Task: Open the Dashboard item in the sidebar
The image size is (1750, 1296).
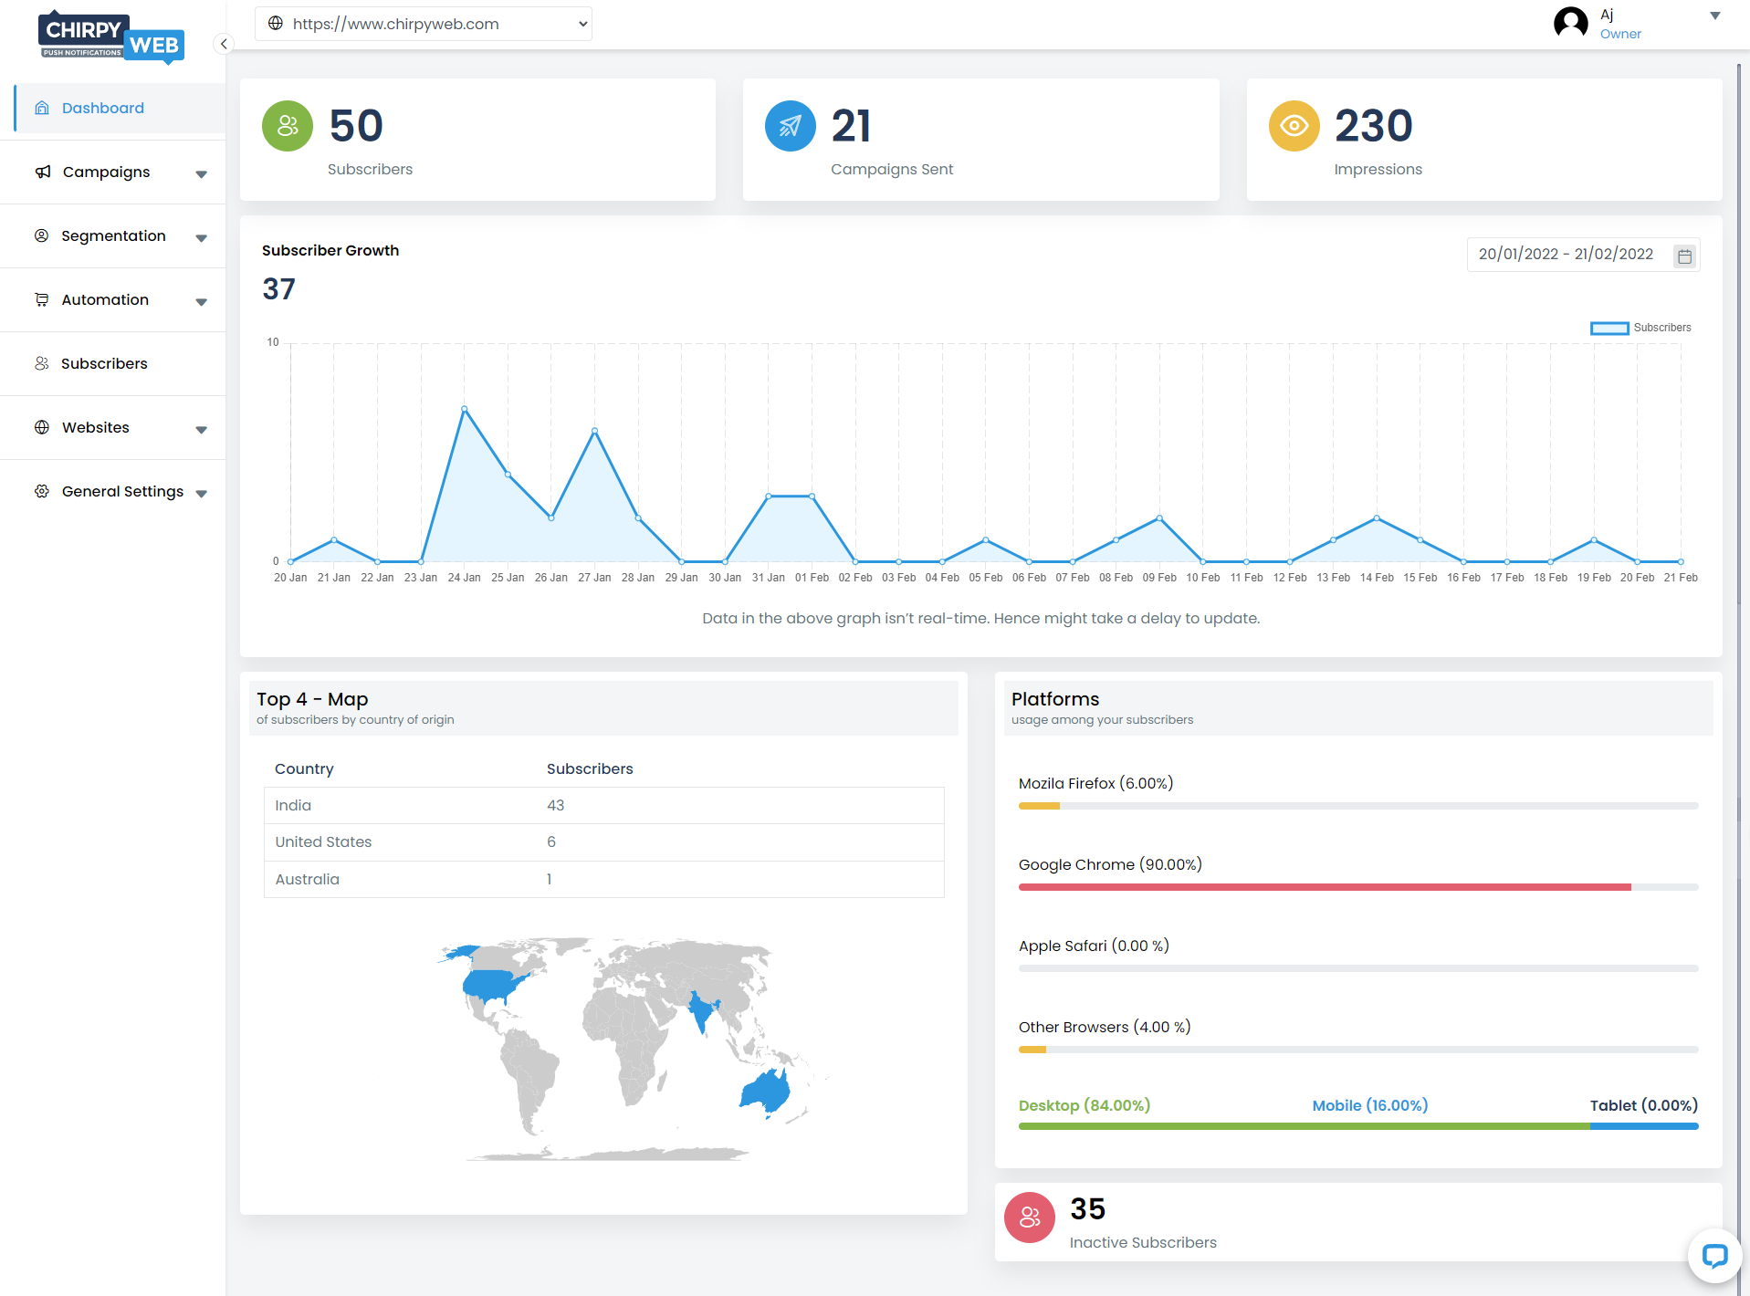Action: point(102,108)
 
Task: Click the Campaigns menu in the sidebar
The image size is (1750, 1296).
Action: point(106,172)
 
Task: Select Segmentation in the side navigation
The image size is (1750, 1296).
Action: point(113,235)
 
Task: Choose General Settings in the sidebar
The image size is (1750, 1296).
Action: point(122,491)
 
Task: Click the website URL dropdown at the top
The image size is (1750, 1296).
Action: point(424,24)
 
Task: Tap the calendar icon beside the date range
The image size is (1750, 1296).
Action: point(1684,256)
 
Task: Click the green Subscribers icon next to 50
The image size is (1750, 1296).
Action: point(288,126)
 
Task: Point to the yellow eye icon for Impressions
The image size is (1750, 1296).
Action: point(1294,126)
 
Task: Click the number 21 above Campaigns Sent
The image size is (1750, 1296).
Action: point(851,126)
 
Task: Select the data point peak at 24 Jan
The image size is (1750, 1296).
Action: point(465,409)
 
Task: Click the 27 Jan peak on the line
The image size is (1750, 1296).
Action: point(595,431)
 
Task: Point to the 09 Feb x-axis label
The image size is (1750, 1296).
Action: point(1159,578)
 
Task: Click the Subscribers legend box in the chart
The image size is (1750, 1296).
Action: point(1609,328)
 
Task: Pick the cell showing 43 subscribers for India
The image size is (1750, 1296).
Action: point(556,805)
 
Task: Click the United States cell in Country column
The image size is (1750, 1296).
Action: point(323,841)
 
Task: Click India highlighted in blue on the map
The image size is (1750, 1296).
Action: point(701,1010)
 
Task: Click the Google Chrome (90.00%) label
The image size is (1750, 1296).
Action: point(1110,864)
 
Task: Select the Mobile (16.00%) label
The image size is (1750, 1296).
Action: point(1370,1105)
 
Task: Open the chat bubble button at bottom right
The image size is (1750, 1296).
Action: point(1714,1256)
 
